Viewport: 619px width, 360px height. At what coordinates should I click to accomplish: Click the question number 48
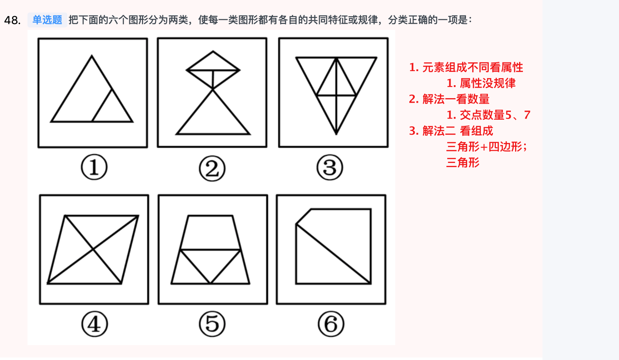click(x=12, y=20)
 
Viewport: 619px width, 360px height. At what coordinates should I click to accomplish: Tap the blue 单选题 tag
click(x=47, y=20)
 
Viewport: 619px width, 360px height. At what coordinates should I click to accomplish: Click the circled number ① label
click(x=94, y=167)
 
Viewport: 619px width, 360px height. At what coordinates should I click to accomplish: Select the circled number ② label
click(x=212, y=168)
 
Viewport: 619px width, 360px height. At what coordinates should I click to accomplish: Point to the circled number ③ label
click(x=330, y=167)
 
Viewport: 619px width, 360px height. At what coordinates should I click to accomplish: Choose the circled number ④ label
click(x=94, y=324)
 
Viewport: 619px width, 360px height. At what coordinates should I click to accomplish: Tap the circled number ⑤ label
click(x=212, y=324)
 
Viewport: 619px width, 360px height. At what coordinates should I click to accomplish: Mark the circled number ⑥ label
click(x=331, y=324)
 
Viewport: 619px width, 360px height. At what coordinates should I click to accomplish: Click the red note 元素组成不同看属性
click(x=473, y=67)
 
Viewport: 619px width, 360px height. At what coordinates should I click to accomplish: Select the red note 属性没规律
click(x=488, y=83)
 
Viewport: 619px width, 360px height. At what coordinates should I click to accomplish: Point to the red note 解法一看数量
click(x=456, y=99)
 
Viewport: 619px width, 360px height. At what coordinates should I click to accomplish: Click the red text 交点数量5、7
click(x=495, y=115)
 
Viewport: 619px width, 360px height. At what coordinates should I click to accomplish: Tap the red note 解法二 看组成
click(x=458, y=131)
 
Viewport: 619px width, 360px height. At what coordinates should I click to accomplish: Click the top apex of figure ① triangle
click(x=92, y=56)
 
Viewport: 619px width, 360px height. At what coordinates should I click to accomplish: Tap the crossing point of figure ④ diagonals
click(x=93, y=249)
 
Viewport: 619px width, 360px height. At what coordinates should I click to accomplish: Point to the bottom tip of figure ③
click(x=336, y=134)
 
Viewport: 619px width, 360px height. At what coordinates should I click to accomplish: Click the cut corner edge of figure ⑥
click(x=303, y=217)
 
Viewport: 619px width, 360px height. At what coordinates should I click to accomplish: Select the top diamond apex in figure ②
click(x=213, y=52)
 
